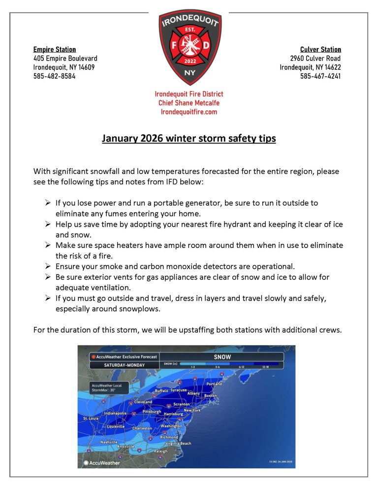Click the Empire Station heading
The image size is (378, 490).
click(x=55, y=49)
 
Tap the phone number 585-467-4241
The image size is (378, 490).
click(x=320, y=76)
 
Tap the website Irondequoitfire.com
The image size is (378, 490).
click(x=189, y=112)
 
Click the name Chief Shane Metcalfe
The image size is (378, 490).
click(x=189, y=103)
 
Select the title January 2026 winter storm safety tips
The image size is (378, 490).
click(x=189, y=139)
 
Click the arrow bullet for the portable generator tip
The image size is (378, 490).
click(x=48, y=203)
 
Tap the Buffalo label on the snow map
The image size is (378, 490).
click(x=161, y=390)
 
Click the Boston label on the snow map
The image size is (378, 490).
click(x=210, y=395)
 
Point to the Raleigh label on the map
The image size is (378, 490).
click(x=160, y=451)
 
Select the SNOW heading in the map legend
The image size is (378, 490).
click(x=222, y=356)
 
